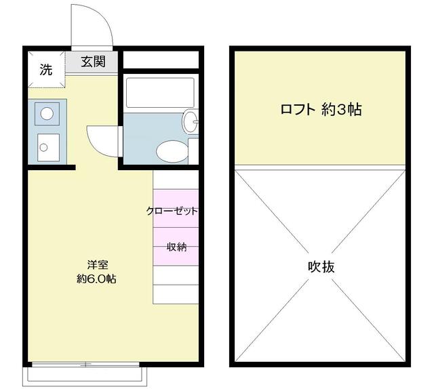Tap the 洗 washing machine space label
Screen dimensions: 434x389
[x=45, y=69]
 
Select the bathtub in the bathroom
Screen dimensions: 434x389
[x=160, y=93]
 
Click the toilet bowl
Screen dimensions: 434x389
[x=172, y=152]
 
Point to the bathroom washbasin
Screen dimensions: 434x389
[x=190, y=121]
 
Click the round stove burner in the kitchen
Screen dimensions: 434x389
[x=47, y=114]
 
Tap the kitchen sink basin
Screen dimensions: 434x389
[x=48, y=148]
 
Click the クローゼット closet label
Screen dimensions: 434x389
[x=172, y=211]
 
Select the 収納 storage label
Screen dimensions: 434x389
[x=176, y=247]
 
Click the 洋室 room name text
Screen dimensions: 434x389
[x=98, y=265]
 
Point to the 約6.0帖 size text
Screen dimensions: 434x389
[x=96, y=279]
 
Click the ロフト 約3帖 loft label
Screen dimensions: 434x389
[x=321, y=110]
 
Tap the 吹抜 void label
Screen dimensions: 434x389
[x=321, y=267]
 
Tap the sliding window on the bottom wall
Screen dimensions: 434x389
[x=85, y=364]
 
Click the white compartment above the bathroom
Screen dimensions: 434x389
[x=161, y=60]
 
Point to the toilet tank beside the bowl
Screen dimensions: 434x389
[x=193, y=150]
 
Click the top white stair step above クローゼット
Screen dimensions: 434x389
[x=176, y=180]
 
